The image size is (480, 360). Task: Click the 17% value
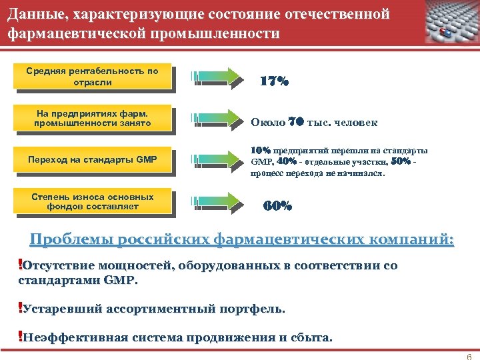click(274, 81)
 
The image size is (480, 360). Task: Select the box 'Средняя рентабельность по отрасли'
click(93, 77)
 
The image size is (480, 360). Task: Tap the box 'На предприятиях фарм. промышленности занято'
click(93, 118)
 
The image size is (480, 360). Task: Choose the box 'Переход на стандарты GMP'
click(93, 159)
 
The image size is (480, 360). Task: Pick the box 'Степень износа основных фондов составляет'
click(93, 201)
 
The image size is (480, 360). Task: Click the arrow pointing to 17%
click(217, 77)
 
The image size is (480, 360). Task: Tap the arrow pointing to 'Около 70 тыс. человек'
click(217, 118)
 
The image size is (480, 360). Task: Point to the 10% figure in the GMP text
click(260, 151)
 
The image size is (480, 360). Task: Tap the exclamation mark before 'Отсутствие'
click(20, 265)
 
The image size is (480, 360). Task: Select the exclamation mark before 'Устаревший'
click(20, 308)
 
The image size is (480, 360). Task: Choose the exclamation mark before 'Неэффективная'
click(20, 336)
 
